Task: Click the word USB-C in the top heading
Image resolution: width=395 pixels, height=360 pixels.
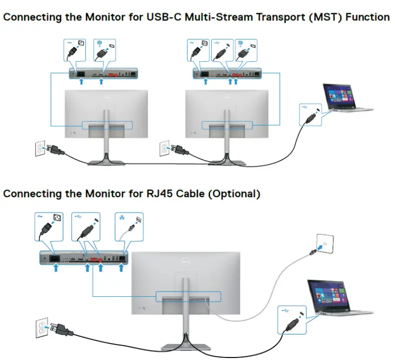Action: pyautogui.click(x=160, y=18)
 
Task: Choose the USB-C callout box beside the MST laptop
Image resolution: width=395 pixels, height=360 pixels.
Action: pyautogui.click(x=310, y=114)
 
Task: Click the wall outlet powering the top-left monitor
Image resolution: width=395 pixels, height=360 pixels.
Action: pyautogui.click(x=40, y=149)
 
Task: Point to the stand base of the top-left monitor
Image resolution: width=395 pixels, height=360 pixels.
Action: pyautogui.click(x=106, y=161)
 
